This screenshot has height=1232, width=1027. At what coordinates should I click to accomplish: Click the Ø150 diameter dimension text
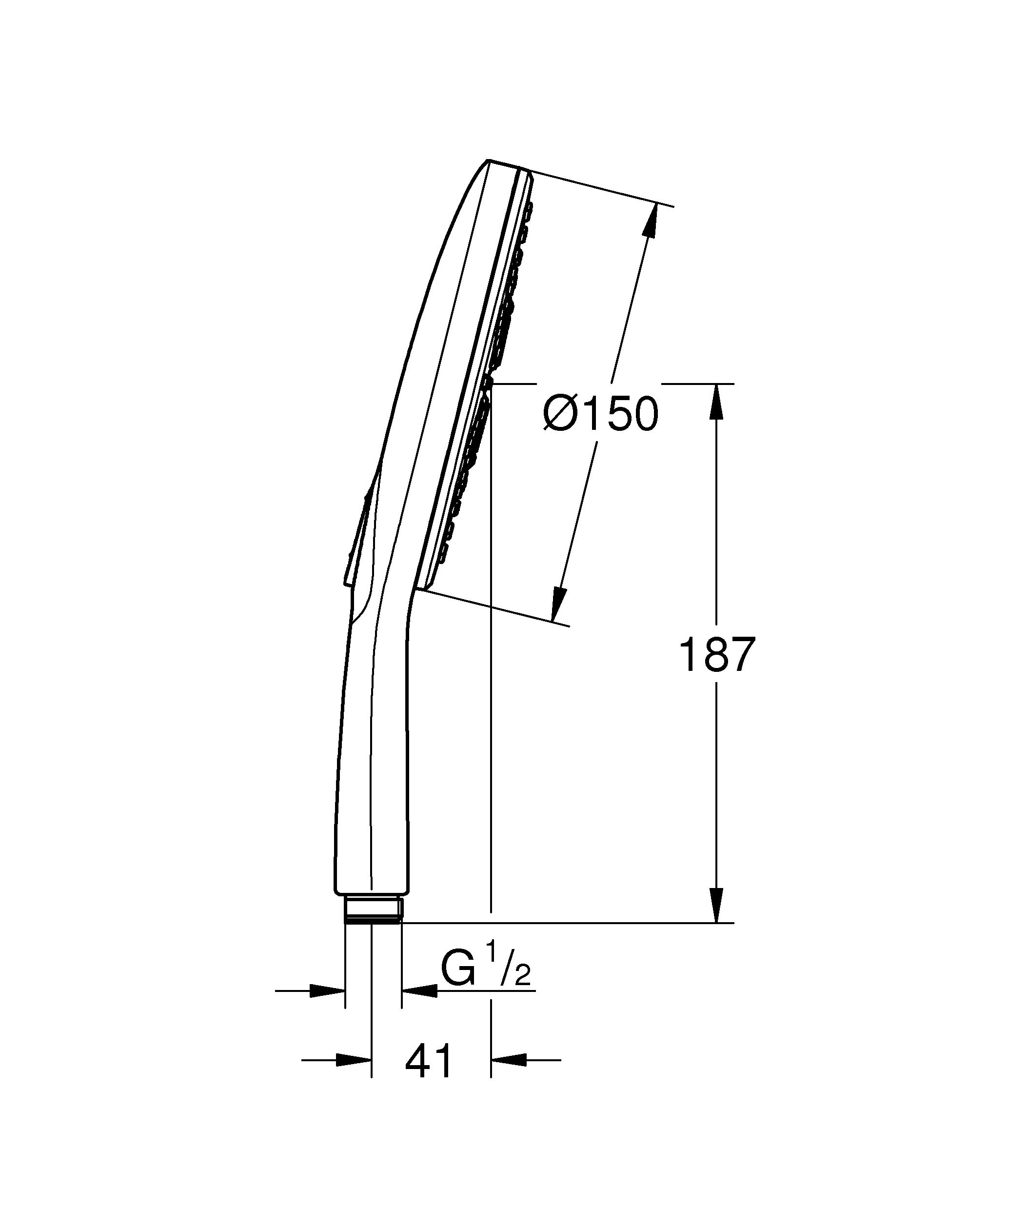click(601, 414)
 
